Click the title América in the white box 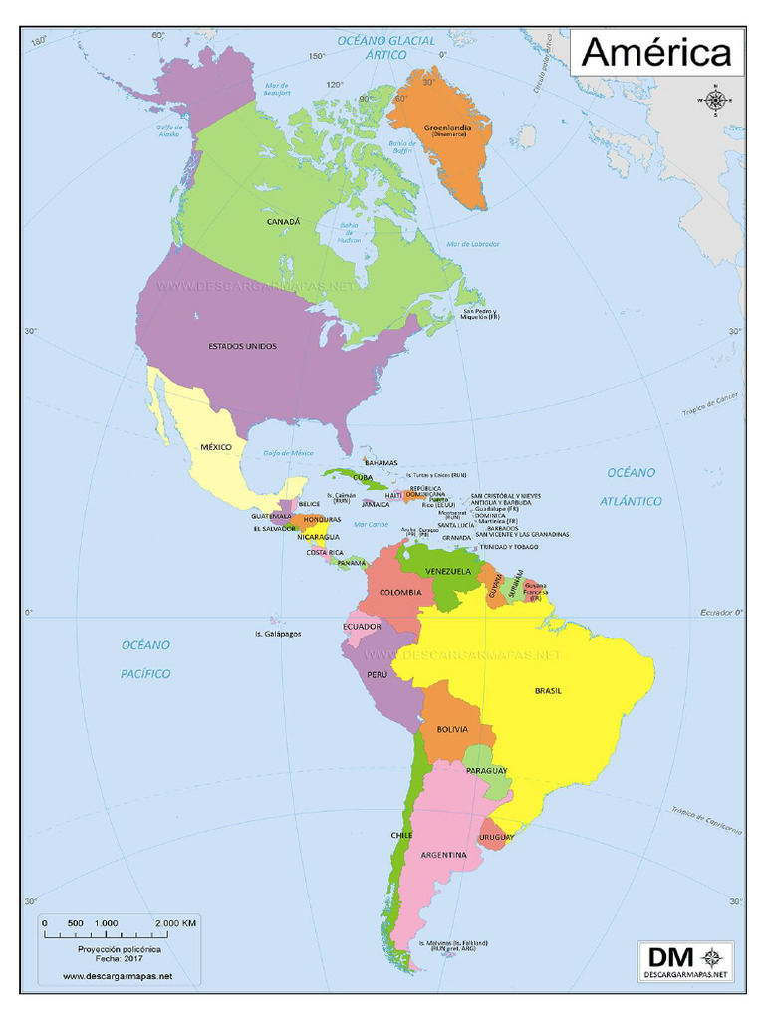click(655, 53)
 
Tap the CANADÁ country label click(283, 222)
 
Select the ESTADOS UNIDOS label click(242, 346)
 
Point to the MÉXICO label click(216, 447)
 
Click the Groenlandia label click(441, 128)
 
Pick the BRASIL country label click(549, 690)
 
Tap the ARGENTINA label click(443, 855)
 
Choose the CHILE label click(401, 834)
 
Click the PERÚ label click(377, 674)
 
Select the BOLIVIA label click(451, 730)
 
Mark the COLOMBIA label click(400, 592)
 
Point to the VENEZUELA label click(448, 571)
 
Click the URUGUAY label click(496, 837)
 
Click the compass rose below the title click(715, 99)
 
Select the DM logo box click(686, 961)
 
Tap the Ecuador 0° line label click(721, 611)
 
